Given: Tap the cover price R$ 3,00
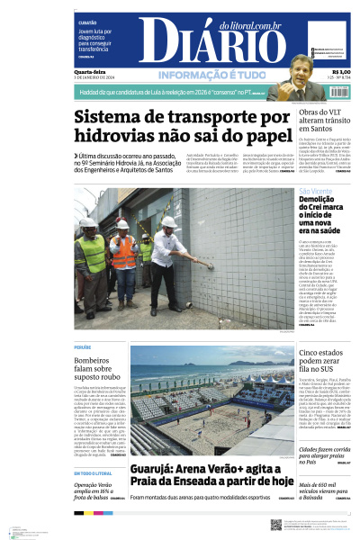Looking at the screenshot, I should (x=341, y=72).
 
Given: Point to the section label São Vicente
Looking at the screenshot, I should (x=316, y=192).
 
